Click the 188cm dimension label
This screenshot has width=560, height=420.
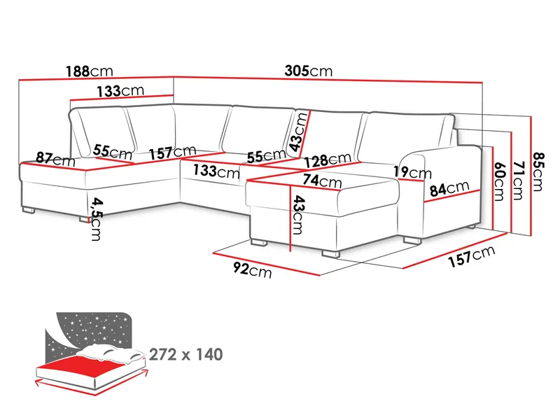(89, 71)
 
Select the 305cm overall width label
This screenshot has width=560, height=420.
(309, 71)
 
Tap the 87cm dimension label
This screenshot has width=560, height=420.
(55, 160)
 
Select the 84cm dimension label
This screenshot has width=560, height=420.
(449, 188)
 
